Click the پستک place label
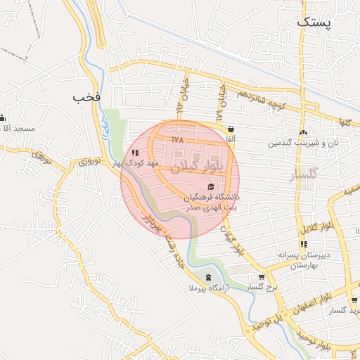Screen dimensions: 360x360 coord(311,22)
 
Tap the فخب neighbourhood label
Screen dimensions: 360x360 coord(88,96)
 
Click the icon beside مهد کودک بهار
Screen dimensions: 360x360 coord(135,152)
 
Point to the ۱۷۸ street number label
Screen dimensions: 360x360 coord(177,139)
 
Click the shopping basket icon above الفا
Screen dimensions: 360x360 coord(232,129)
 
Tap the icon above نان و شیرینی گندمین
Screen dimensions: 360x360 coord(303,132)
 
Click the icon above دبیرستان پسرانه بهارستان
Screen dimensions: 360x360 coord(304,244)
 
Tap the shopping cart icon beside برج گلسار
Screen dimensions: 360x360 coord(262,277)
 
